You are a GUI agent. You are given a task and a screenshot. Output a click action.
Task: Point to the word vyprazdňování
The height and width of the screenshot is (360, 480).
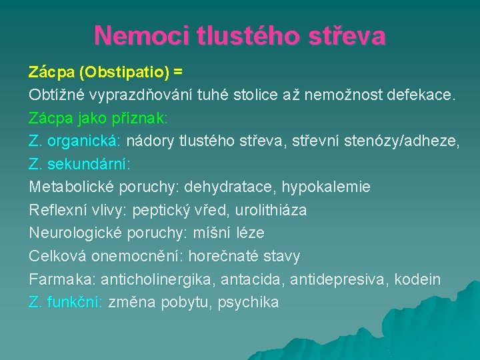(x=143, y=94)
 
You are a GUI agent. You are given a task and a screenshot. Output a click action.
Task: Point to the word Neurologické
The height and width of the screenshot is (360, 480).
(x=74, y=233)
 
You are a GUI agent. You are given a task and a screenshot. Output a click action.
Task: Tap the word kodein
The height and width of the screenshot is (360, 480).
(x=417, y=279)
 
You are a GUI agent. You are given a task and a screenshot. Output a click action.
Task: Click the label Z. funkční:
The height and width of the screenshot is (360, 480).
(x=65, y=303)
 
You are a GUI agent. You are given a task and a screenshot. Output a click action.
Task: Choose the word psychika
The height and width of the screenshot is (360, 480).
(x=248, y=303)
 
